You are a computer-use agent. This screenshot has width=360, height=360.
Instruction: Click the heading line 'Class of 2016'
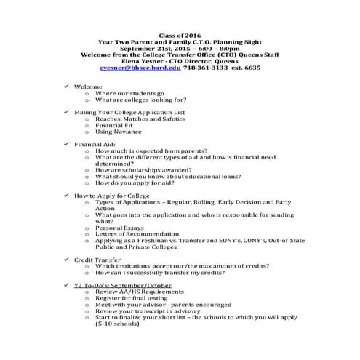tap(179, 35)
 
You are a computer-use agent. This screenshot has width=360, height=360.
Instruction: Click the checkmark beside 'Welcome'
tap(66, 87)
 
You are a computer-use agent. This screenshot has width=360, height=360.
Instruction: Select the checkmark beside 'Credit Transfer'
tap(66, 259)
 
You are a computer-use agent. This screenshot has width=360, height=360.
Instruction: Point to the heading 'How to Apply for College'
tap(112, 196)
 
